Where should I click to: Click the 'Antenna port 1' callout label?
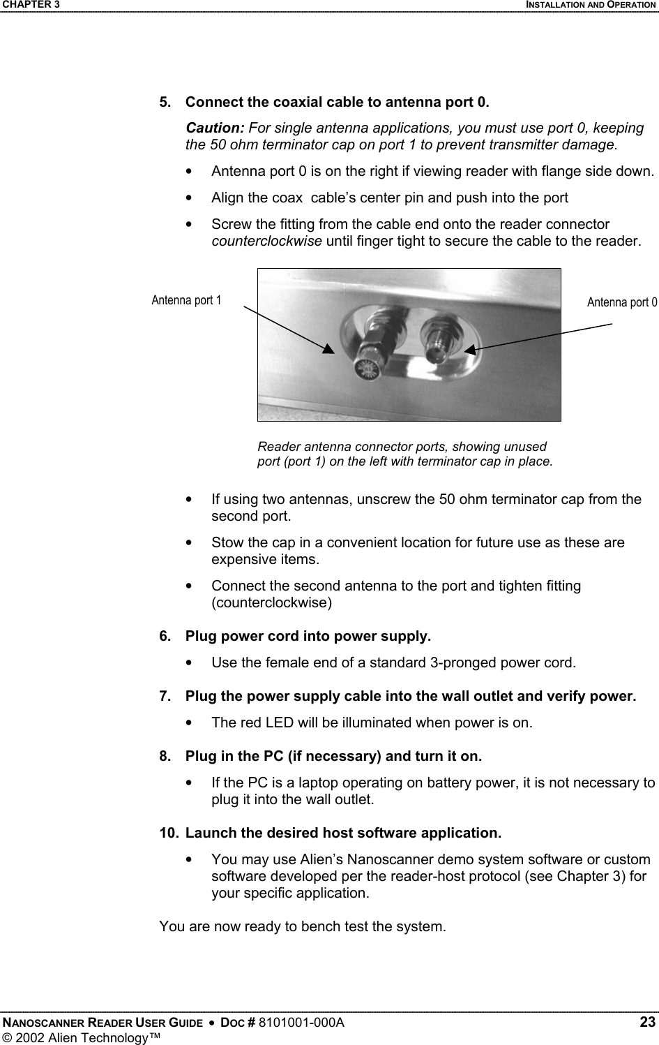click(186, 300)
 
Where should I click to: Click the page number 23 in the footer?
click(648, 1023)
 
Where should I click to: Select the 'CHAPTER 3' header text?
click(30, 5)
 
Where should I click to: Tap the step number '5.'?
click(167, 103)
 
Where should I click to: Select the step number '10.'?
click(169, 833)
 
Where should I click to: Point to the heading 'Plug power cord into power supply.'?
click(308, 637)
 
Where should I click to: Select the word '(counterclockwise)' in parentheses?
click(271, 602)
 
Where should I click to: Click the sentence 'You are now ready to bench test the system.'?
click(302, 927)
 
